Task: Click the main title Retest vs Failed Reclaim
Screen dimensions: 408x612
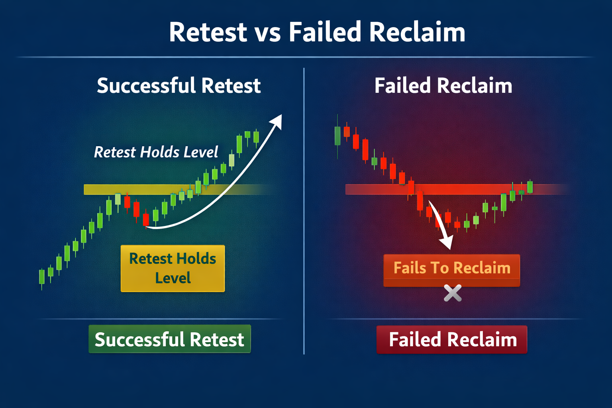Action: click(x=317, y=32)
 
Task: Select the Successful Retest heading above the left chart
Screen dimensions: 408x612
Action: click(x=178, y=86)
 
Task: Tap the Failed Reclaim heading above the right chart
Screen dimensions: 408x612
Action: click(x=443, y=86)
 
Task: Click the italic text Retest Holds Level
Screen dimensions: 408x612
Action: click(x=156, y=152)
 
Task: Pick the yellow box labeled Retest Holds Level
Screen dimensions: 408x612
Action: click(x=173, y=268)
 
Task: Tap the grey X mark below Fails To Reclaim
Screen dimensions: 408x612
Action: click(x=453, y=293)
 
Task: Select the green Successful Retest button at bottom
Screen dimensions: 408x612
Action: click(x=169, y=339)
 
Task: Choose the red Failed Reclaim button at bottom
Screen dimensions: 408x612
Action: click(x=452, y=339)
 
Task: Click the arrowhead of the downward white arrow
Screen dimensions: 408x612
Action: click(x=447, y=243)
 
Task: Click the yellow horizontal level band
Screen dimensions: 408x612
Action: click(x=159, y=189)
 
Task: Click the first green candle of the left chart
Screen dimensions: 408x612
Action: click(x=41, y=277)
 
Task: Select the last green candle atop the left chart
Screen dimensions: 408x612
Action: click(x=256, y=137)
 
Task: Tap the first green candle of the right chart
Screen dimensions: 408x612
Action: click(x=337, y=135)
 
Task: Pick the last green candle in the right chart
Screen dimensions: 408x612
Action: click(x=530, y=187)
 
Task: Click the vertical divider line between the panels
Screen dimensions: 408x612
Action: click(x=304, y=211)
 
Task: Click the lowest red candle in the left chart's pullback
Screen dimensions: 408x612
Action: click(x=146, y=220)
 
